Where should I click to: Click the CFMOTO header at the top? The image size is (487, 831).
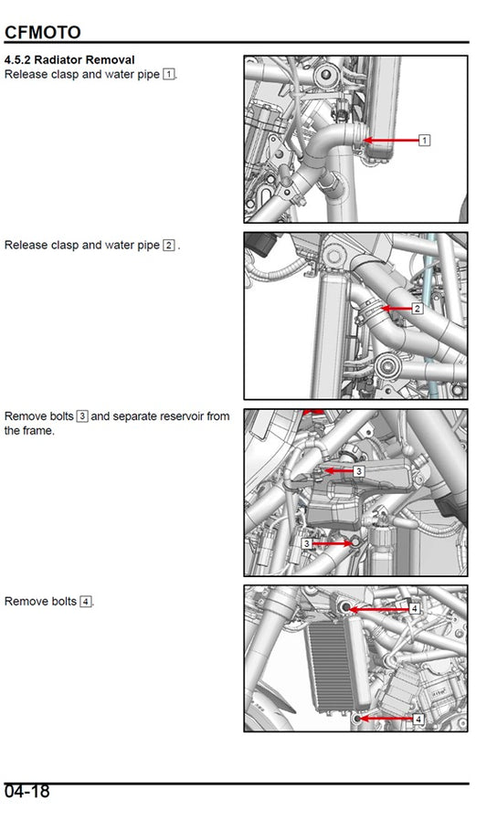tap(42, 33)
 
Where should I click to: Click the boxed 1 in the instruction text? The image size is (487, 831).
tap(169, 73)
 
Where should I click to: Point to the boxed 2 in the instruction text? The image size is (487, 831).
tap(169, 245)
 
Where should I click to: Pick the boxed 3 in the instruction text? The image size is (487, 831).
tap(82, 416)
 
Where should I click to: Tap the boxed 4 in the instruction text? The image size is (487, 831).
tap(86, 602)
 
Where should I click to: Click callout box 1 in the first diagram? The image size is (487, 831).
tap(424, 141)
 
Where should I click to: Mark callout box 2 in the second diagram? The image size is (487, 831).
tap(418, 309)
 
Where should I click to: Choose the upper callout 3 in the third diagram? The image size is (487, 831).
tap(359, 471)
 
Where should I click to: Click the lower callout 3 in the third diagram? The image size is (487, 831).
tap(307, 542)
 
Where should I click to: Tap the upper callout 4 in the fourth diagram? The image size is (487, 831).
tap(414, 608)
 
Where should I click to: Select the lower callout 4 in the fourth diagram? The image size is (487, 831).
tap(418, 720)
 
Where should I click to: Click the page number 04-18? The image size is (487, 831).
tap(27, 792)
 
